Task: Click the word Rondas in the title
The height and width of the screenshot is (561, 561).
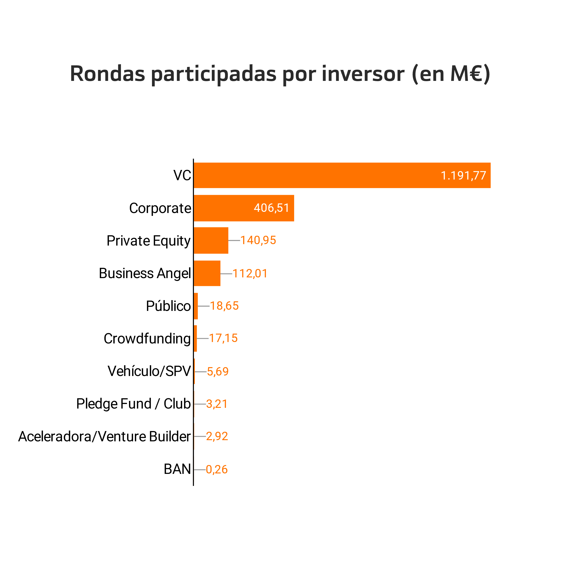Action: point(107,74)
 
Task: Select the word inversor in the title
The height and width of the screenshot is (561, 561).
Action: point(363,74)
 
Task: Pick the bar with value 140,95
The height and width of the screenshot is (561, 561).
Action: point(211,241)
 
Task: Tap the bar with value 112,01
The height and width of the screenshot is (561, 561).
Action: point(207,273)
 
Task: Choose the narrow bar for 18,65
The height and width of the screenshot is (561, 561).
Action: point(196,306)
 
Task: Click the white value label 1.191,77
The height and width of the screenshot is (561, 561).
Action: point(463,176)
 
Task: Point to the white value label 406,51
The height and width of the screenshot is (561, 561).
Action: point(271,208)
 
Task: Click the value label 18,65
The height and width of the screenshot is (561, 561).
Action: point(224,306)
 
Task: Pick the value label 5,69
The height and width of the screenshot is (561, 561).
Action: point(218,372)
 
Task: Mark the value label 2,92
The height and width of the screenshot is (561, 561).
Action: point(217,436)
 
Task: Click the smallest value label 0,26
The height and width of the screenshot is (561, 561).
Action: point(217,470)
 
